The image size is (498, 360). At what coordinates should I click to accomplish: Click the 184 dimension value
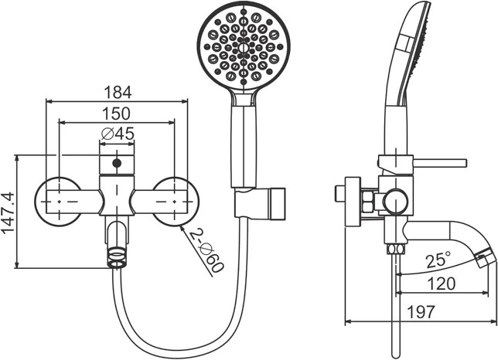point(118,92)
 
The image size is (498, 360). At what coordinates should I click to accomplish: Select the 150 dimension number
point(116,114)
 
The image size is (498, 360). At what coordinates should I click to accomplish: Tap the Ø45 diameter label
point(118,134)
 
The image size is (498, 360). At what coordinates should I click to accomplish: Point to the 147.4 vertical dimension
point(9,212)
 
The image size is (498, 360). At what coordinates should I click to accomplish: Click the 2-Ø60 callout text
point(206,250)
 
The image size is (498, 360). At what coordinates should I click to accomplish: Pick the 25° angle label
point(438,260)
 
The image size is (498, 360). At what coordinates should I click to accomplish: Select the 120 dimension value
point(441,284)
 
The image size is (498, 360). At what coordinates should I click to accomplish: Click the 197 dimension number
point(420,312)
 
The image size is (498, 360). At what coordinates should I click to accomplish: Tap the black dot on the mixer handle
point(117,163)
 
